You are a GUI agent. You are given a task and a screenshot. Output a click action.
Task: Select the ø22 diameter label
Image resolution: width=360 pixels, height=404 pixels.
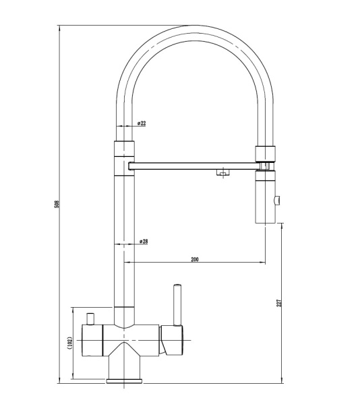coord(142,123)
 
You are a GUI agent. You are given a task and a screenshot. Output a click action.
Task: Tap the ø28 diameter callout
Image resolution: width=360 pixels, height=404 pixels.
coord(143,241)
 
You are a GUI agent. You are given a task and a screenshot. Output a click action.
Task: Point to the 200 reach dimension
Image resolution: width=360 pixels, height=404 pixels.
coord(195,259)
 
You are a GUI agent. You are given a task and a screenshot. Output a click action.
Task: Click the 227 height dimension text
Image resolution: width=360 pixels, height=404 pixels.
coord(278,304)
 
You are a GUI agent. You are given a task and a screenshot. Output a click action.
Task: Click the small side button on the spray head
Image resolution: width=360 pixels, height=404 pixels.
coord(278,199)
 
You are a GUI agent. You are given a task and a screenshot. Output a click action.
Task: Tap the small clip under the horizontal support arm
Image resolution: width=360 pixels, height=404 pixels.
coord(220,174)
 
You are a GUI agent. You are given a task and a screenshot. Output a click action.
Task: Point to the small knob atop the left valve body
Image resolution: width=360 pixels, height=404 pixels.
coord(89,317)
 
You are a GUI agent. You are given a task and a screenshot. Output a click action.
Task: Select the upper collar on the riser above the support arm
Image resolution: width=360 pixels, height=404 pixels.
coord(124,149)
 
